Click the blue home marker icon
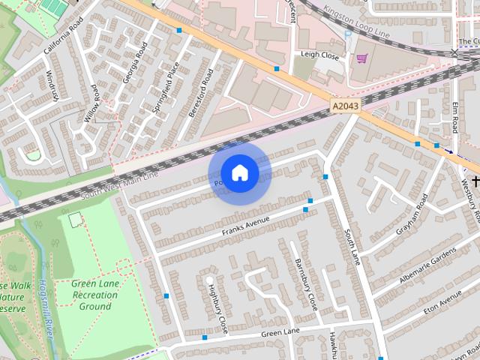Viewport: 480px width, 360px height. tap(239, 173)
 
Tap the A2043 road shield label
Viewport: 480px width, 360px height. tap(345, 107)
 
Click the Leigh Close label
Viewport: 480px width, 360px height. tap(321, 55)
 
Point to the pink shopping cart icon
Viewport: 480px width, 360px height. tap(362, 58)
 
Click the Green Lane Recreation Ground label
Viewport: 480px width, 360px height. tap(96, 295)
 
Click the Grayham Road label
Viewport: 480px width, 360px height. tap(411, 212)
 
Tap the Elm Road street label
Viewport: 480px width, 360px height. tap(454, 118)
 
